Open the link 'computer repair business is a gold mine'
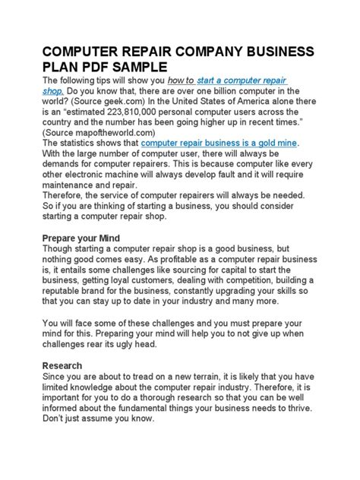(x=219, y=143)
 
